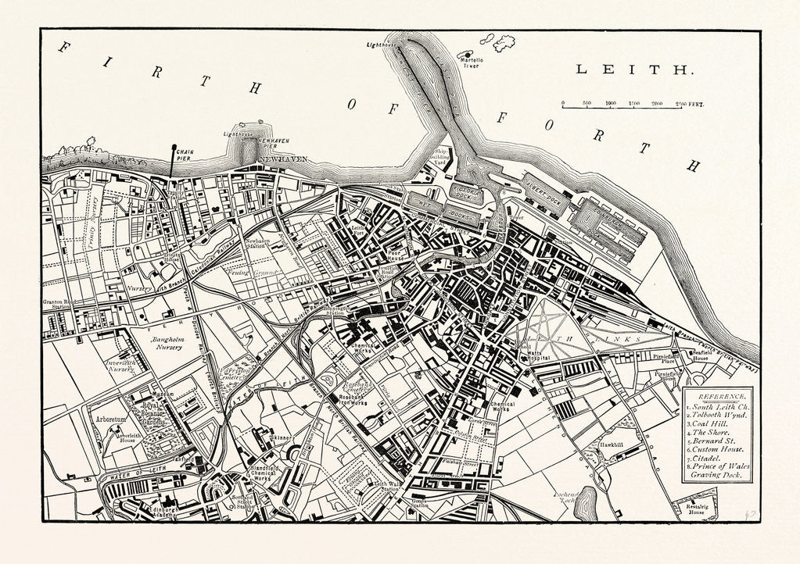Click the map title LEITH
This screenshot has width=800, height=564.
[x=634, y=70]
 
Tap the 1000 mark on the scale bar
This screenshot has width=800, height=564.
[x=611, y=102]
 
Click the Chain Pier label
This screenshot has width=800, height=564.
[x=185, y=154]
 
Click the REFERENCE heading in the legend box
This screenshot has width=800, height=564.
[x=716, y=397]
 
